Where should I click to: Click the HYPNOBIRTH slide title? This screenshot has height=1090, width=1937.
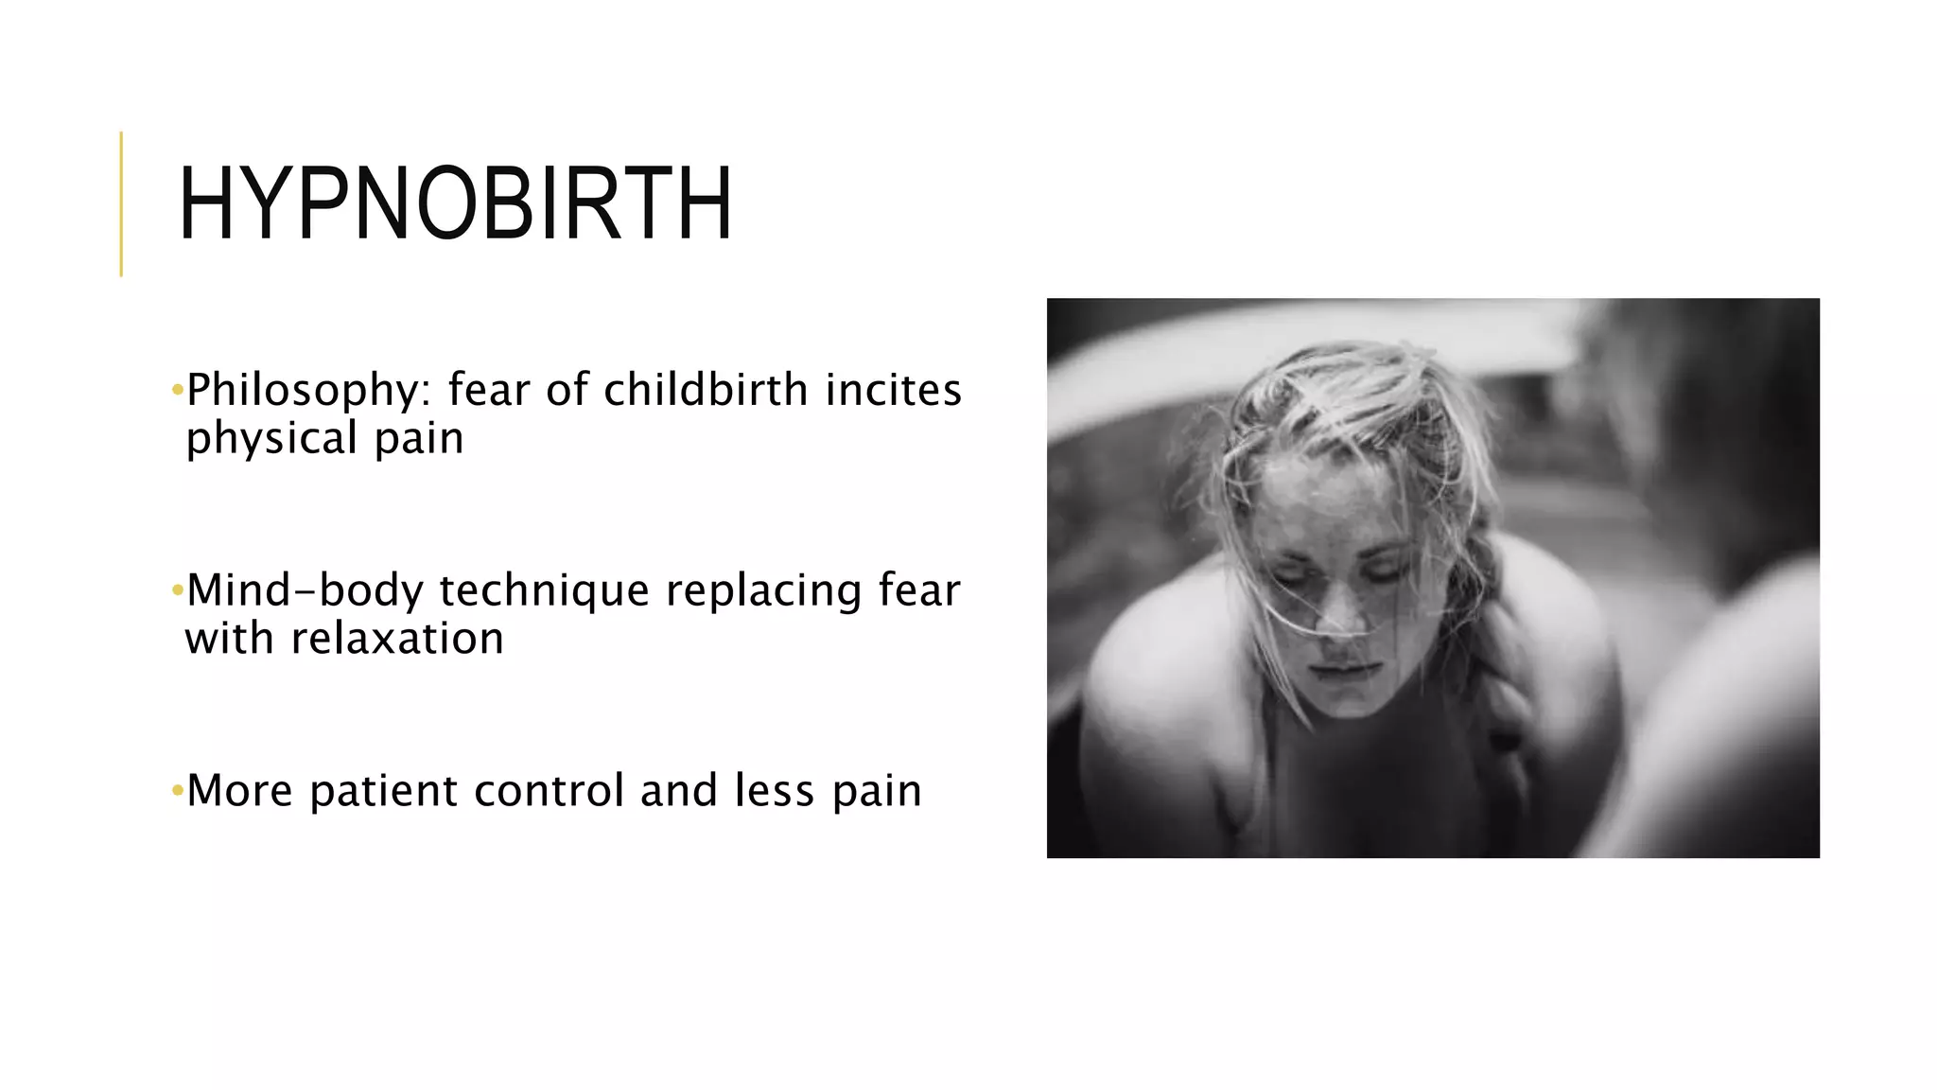pos(455,204)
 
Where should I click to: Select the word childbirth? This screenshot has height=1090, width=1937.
pos(706,389)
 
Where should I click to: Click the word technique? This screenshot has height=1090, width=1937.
pos(544,591)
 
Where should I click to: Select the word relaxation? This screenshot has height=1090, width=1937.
pos(397,639)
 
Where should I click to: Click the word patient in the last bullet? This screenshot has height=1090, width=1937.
pos(383,792)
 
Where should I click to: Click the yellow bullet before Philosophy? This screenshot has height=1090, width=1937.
pos(177,390)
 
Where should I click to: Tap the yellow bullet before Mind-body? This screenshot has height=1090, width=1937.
pos(177,591)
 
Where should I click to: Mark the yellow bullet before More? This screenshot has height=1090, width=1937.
pos(177,791)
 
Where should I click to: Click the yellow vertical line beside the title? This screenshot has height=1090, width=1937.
pos(121,203)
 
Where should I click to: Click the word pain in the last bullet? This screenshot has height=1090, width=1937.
pos(877,792)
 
